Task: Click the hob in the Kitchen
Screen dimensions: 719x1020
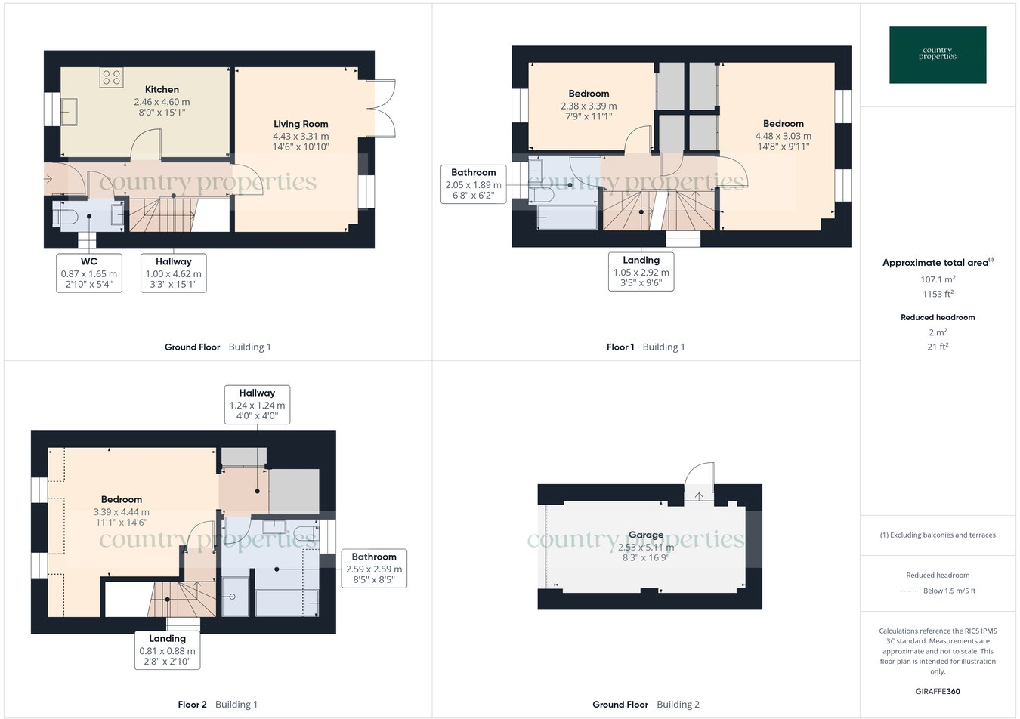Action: [111, 78]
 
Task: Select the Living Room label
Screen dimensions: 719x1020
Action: [301, 124]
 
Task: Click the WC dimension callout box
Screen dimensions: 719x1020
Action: [89, 273]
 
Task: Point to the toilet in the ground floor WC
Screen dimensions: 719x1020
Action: [66, 218]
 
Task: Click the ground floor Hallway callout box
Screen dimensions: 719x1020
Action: [174, 273]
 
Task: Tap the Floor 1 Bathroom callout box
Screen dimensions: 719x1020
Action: [474, 184]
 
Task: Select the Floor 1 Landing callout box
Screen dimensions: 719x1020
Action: [641, 272]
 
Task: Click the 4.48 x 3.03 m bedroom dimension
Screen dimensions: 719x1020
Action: [783, 137]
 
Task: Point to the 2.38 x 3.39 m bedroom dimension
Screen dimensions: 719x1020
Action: [589, 106]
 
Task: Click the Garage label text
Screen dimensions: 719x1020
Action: [646, 535]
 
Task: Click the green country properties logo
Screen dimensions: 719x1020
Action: [938, 54]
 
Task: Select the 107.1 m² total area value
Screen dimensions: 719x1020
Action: [938, 279]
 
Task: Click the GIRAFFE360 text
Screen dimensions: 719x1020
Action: [938, 691]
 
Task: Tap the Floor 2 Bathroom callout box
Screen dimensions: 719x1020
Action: [374, 569]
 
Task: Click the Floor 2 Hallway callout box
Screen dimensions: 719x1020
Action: [257, 405]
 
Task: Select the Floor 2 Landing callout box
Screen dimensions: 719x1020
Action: [167, 650]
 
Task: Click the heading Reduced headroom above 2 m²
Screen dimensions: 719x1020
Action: [938, 317]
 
